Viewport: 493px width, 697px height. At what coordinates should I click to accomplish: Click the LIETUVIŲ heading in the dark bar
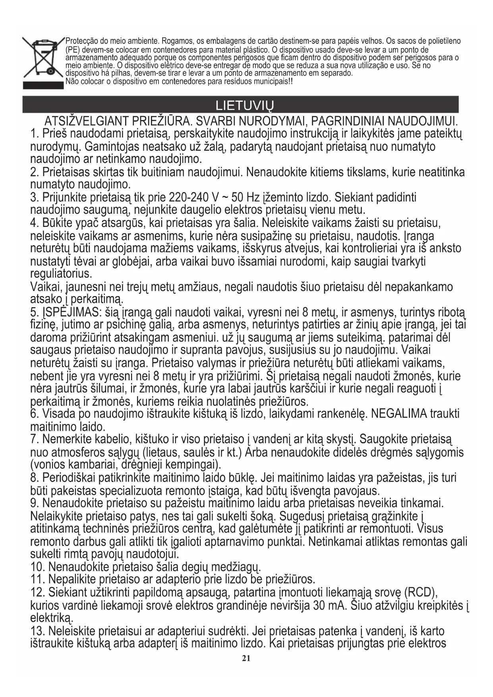pyautogui.click(x=244, y=106)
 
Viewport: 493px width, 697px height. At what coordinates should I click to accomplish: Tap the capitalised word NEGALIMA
pyautogui.click(x=399, y=414)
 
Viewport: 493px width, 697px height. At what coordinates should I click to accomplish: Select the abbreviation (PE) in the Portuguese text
pyautogui.click(x=73, y=50)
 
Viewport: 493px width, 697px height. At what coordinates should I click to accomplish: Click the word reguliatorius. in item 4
pyautogui.click(x=61, y=274)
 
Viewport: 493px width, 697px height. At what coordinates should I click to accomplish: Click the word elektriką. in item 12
pyautogui.click(x=52, y=618)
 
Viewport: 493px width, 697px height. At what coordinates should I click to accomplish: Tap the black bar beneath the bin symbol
pyautogui.click(x=43, y=85)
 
